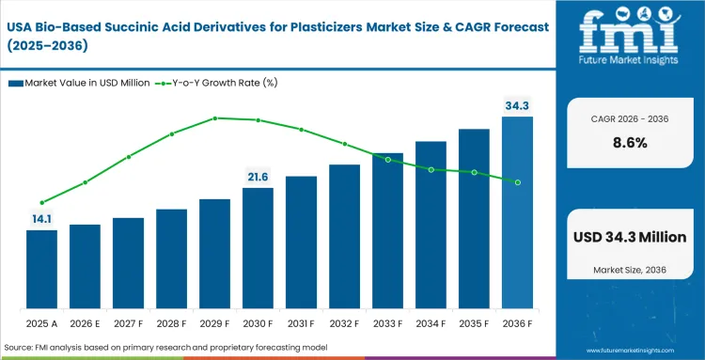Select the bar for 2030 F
(258, 248)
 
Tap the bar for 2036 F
(517, 212)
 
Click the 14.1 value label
(41, 219)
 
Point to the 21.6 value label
(258, 177)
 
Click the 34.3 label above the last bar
(517, 105)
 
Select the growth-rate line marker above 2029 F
(215, 117)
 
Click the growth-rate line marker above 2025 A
(41, 202)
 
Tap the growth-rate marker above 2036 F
(517, 181)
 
